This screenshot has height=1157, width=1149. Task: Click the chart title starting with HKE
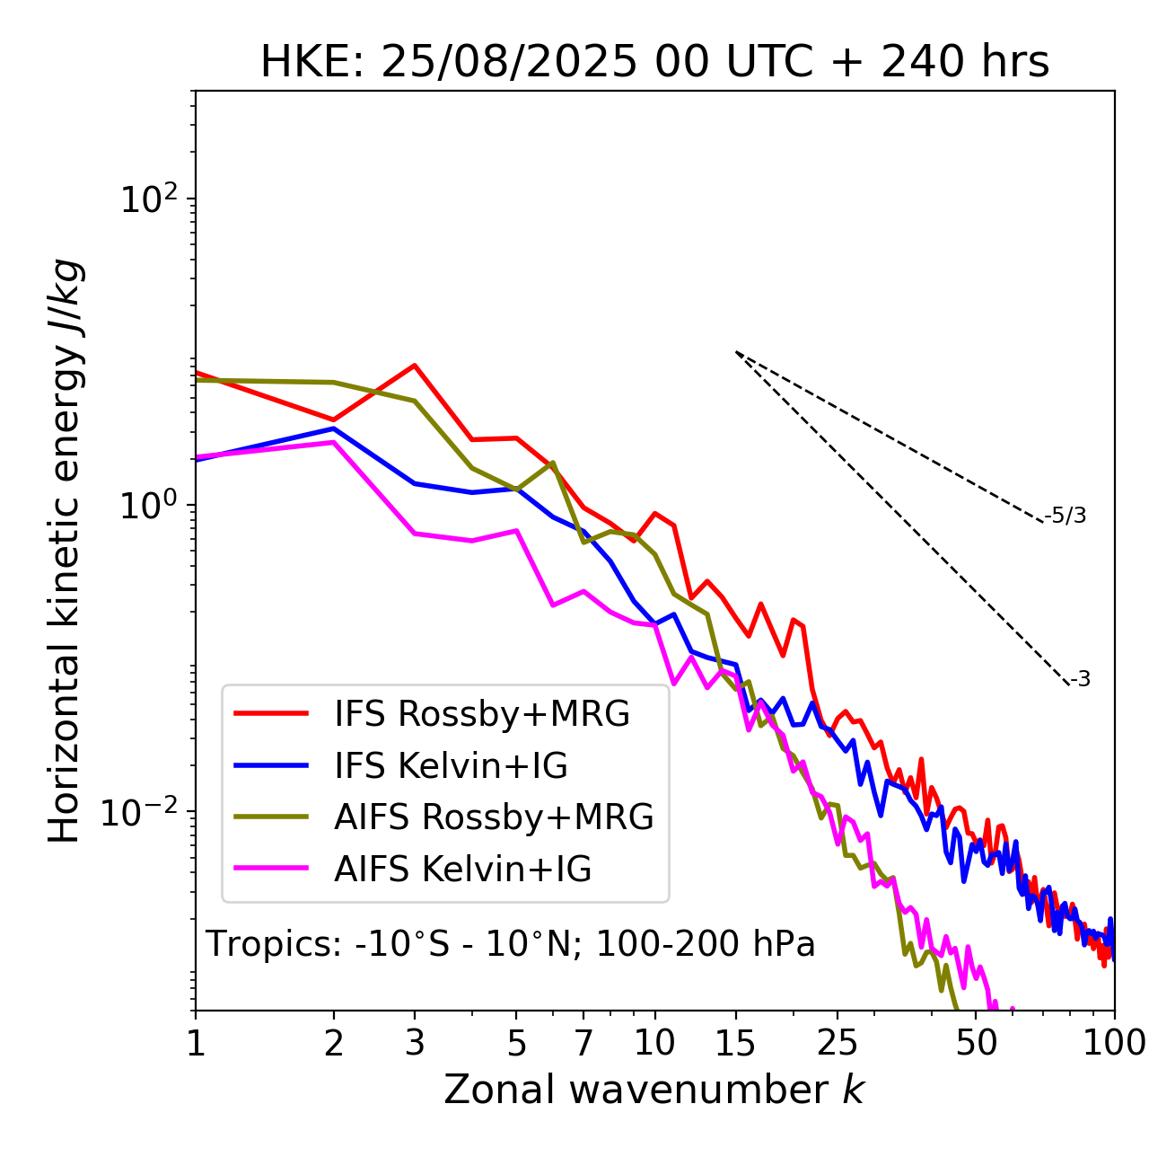654,62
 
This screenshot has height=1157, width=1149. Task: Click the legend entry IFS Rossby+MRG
481,713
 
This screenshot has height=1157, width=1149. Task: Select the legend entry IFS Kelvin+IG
451,765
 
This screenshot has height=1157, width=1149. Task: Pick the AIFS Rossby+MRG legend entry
494,817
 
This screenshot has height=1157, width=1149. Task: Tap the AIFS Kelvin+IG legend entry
462,869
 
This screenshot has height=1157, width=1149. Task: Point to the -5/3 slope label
1066,516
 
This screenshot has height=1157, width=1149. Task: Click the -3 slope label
1081,680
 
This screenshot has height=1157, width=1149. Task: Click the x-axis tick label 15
735,1043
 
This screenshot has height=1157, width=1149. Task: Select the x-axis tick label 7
583,1043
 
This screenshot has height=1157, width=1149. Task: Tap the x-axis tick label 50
976,1043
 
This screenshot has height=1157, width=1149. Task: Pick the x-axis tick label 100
1114,1043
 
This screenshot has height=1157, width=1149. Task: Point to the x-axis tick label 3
415,1043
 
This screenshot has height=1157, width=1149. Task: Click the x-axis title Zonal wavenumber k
654,1090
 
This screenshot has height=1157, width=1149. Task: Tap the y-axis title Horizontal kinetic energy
65,552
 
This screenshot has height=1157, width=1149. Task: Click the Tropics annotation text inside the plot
511,944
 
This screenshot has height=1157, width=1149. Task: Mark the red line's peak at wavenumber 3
415,365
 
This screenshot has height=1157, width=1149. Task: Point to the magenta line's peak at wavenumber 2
334,442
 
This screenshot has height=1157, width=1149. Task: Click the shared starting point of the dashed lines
736,352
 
